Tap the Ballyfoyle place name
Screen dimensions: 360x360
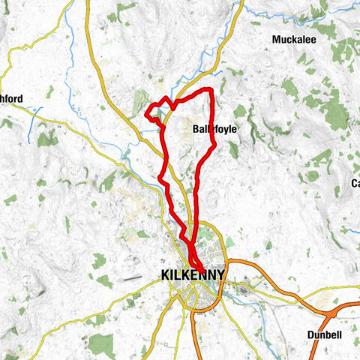[214, 128]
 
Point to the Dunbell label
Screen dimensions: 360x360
[329, 334]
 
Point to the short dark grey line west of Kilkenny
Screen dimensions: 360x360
[133, 277]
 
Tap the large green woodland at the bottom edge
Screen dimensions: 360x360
[100, 344]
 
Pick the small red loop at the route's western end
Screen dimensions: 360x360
[152, 115]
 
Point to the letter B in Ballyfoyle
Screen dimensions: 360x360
[196, 128]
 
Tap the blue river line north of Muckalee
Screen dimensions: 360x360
[300, 16]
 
